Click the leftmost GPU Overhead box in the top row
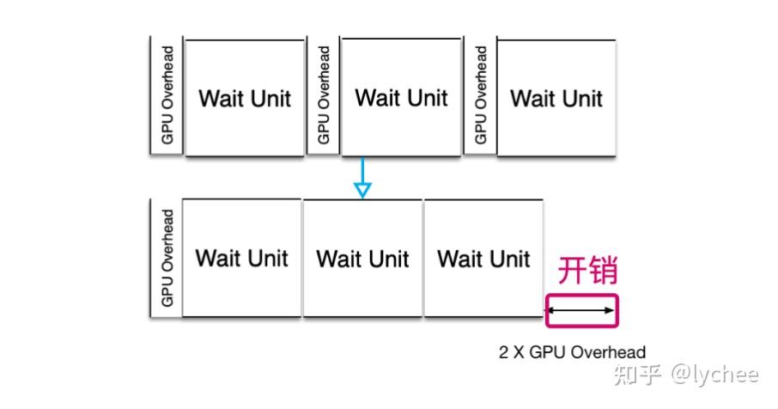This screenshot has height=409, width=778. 167,95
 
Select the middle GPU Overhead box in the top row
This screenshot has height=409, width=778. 324,95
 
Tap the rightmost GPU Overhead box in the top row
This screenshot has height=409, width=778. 480,95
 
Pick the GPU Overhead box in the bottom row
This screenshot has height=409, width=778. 166,258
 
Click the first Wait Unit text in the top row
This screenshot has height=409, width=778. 245,98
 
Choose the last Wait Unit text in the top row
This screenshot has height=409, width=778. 556,98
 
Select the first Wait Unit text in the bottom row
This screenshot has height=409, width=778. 241,258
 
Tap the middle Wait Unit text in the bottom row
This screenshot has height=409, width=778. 362,258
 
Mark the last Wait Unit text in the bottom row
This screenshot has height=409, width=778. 483,258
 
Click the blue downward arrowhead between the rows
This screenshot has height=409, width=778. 362,189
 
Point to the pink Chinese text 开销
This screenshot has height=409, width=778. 588,271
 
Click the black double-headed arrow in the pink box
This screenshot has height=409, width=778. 582,311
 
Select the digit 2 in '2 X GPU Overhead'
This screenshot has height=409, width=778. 503,351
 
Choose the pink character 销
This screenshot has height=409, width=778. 604,271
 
